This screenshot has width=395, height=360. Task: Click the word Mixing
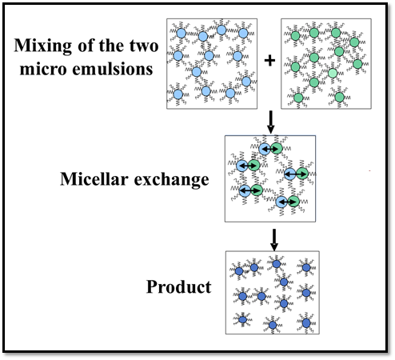42,46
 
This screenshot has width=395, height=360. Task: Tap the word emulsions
113,69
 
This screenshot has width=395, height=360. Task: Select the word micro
43,70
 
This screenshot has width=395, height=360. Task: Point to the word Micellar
94,178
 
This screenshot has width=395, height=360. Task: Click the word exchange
171,180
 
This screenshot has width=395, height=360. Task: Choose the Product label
179,287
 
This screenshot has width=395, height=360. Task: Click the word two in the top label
144,46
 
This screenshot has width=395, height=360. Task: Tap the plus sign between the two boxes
269,61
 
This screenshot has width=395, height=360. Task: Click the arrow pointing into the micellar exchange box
270,122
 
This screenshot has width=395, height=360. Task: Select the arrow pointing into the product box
274,240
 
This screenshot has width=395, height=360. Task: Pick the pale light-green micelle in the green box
333,73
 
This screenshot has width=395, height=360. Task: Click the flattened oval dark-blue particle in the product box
242,319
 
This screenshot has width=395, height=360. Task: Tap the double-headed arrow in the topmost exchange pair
270,149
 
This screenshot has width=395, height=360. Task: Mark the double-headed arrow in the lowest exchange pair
287,202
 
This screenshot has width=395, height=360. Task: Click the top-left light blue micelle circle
182,33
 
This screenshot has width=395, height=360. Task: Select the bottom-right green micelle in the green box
339,97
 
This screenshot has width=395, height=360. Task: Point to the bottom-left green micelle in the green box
298,98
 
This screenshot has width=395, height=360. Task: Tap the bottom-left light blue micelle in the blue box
178,94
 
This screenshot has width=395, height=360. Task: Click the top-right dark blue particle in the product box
306,267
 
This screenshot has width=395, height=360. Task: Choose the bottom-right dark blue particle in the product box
306,323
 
